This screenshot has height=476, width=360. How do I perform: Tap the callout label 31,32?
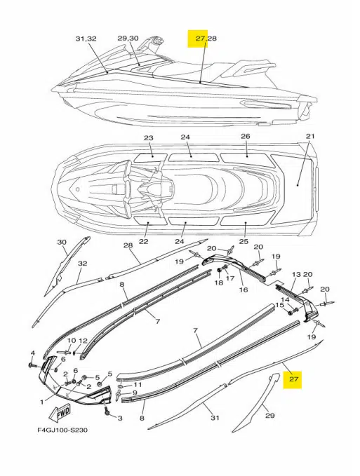pyautogui.click(x=86, y=39)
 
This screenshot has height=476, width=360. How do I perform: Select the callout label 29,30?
pyautogui.click(x=128, y=39)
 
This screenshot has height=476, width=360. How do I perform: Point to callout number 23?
pyautogui.click(x=148, y=137)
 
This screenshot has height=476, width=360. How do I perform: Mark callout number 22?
pyautogui.click(x=145, y=242)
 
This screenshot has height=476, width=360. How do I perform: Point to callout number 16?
pyautogui.click(x=244, y=288)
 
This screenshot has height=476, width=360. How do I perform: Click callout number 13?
pyautogui.click(x=295, y=275)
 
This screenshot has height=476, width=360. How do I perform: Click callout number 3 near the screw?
pyautogui.click(x=119, y=418)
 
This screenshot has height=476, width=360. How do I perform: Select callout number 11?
pyautogui.click(x=138, y=384)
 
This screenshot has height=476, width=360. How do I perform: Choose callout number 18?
pyautogui.click(x=218, y=283)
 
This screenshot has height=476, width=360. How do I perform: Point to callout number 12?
pyautogui.click(x=83, y=341)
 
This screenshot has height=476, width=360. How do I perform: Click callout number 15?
pyautogui.click(x=279, y=305)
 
